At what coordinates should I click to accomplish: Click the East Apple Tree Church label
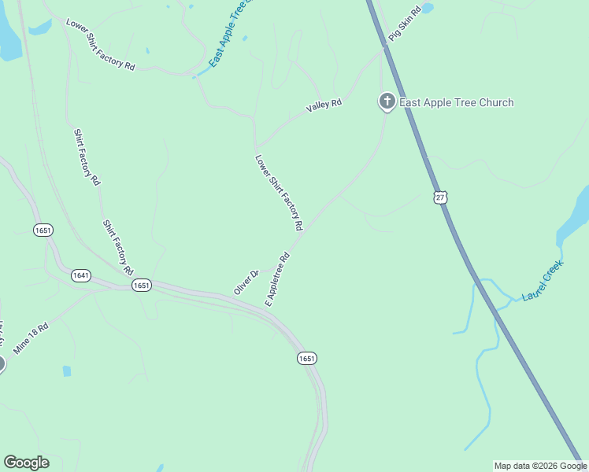[x=456, y=102]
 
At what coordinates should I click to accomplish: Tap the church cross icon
[x=387, y=101]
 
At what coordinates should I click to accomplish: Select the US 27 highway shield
[x=440, y=197]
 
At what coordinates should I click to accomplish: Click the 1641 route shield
[x=80, y=275]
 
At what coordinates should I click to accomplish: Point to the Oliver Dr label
[x=246, y=283]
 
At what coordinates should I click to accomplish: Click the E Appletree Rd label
[x=278, y=279]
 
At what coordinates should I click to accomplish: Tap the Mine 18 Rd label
[x=31, y=337]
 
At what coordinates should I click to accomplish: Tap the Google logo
[x=26, y=463]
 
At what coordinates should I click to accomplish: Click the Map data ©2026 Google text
[x=539, y=466]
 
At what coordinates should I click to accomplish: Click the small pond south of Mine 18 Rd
[x=66, y=371]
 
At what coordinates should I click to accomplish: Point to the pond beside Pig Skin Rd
[x=427, y=9]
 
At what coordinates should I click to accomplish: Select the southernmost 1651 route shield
[x=307, y=359]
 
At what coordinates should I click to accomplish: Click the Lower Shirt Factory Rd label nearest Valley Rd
[x=279, y=192]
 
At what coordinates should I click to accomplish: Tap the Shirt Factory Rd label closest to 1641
[x=117, y=247]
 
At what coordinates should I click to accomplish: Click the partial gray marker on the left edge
[x=2, y=363]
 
